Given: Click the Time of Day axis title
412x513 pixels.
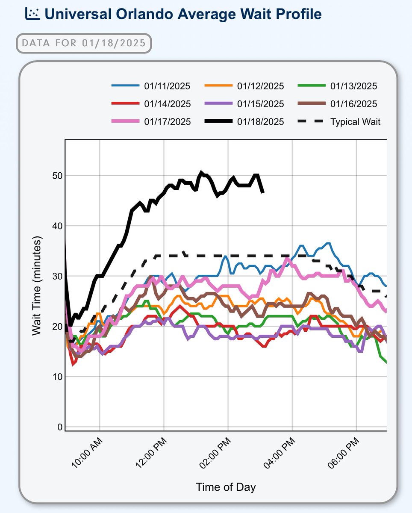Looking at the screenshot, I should (226, 487).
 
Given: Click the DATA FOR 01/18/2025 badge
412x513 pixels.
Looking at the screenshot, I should (84, 43).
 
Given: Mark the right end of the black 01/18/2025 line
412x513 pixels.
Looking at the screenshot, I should (263, 192).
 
